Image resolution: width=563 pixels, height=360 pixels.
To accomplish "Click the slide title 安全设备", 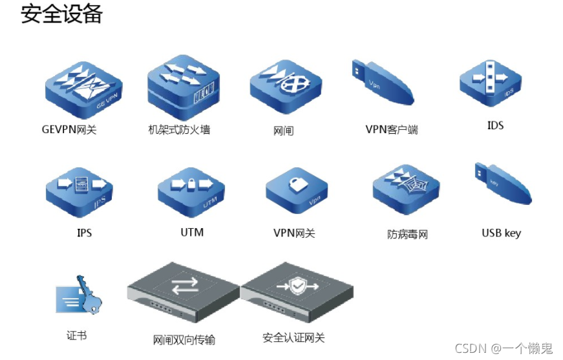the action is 62,14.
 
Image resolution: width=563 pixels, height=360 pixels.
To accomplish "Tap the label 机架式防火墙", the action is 179,129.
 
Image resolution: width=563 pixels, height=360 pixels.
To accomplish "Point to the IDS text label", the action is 495,125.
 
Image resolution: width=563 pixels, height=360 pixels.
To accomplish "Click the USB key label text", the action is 501,233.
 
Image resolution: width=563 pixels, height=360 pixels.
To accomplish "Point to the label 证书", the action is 76,335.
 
